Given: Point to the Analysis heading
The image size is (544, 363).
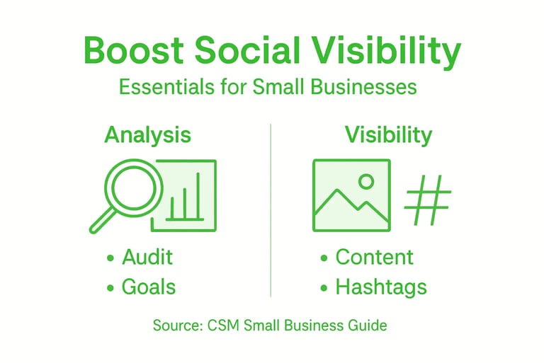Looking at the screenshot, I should point(147,134).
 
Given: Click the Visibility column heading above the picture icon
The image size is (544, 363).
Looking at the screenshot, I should point(388,134).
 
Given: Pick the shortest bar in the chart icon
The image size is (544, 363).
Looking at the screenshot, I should point(172,208).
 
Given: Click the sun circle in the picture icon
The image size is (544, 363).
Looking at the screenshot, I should point(366,181).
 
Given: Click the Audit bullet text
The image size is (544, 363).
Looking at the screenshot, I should point(147,256).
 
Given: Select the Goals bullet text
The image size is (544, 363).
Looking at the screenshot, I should point(149,287).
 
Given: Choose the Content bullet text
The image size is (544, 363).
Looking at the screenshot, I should point(374,256).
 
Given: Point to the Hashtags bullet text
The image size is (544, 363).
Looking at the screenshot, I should point(381,287).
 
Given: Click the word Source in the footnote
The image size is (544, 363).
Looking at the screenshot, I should point(177,326).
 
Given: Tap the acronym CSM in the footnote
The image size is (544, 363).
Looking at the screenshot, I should point(225,326).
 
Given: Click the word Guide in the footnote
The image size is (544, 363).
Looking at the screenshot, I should point(369,326).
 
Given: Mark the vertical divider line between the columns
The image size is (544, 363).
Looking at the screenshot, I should point(271,212).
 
